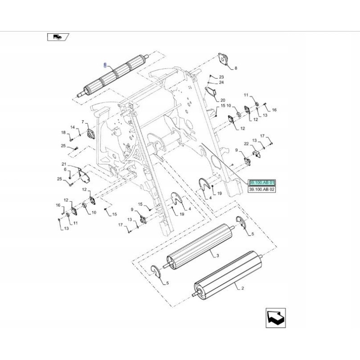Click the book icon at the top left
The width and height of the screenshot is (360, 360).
tap(58, 37)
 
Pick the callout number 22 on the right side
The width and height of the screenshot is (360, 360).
tap(246, 144)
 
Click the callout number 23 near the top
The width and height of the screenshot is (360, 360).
tap(221, 77)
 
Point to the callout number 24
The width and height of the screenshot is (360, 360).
tap(221, 83)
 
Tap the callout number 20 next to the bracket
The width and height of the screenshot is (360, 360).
tap(222, 100)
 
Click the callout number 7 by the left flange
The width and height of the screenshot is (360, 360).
tap(83, 122)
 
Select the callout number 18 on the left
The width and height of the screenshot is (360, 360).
tap(63, 132)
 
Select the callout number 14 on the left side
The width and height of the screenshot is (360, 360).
tap(72, 128)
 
